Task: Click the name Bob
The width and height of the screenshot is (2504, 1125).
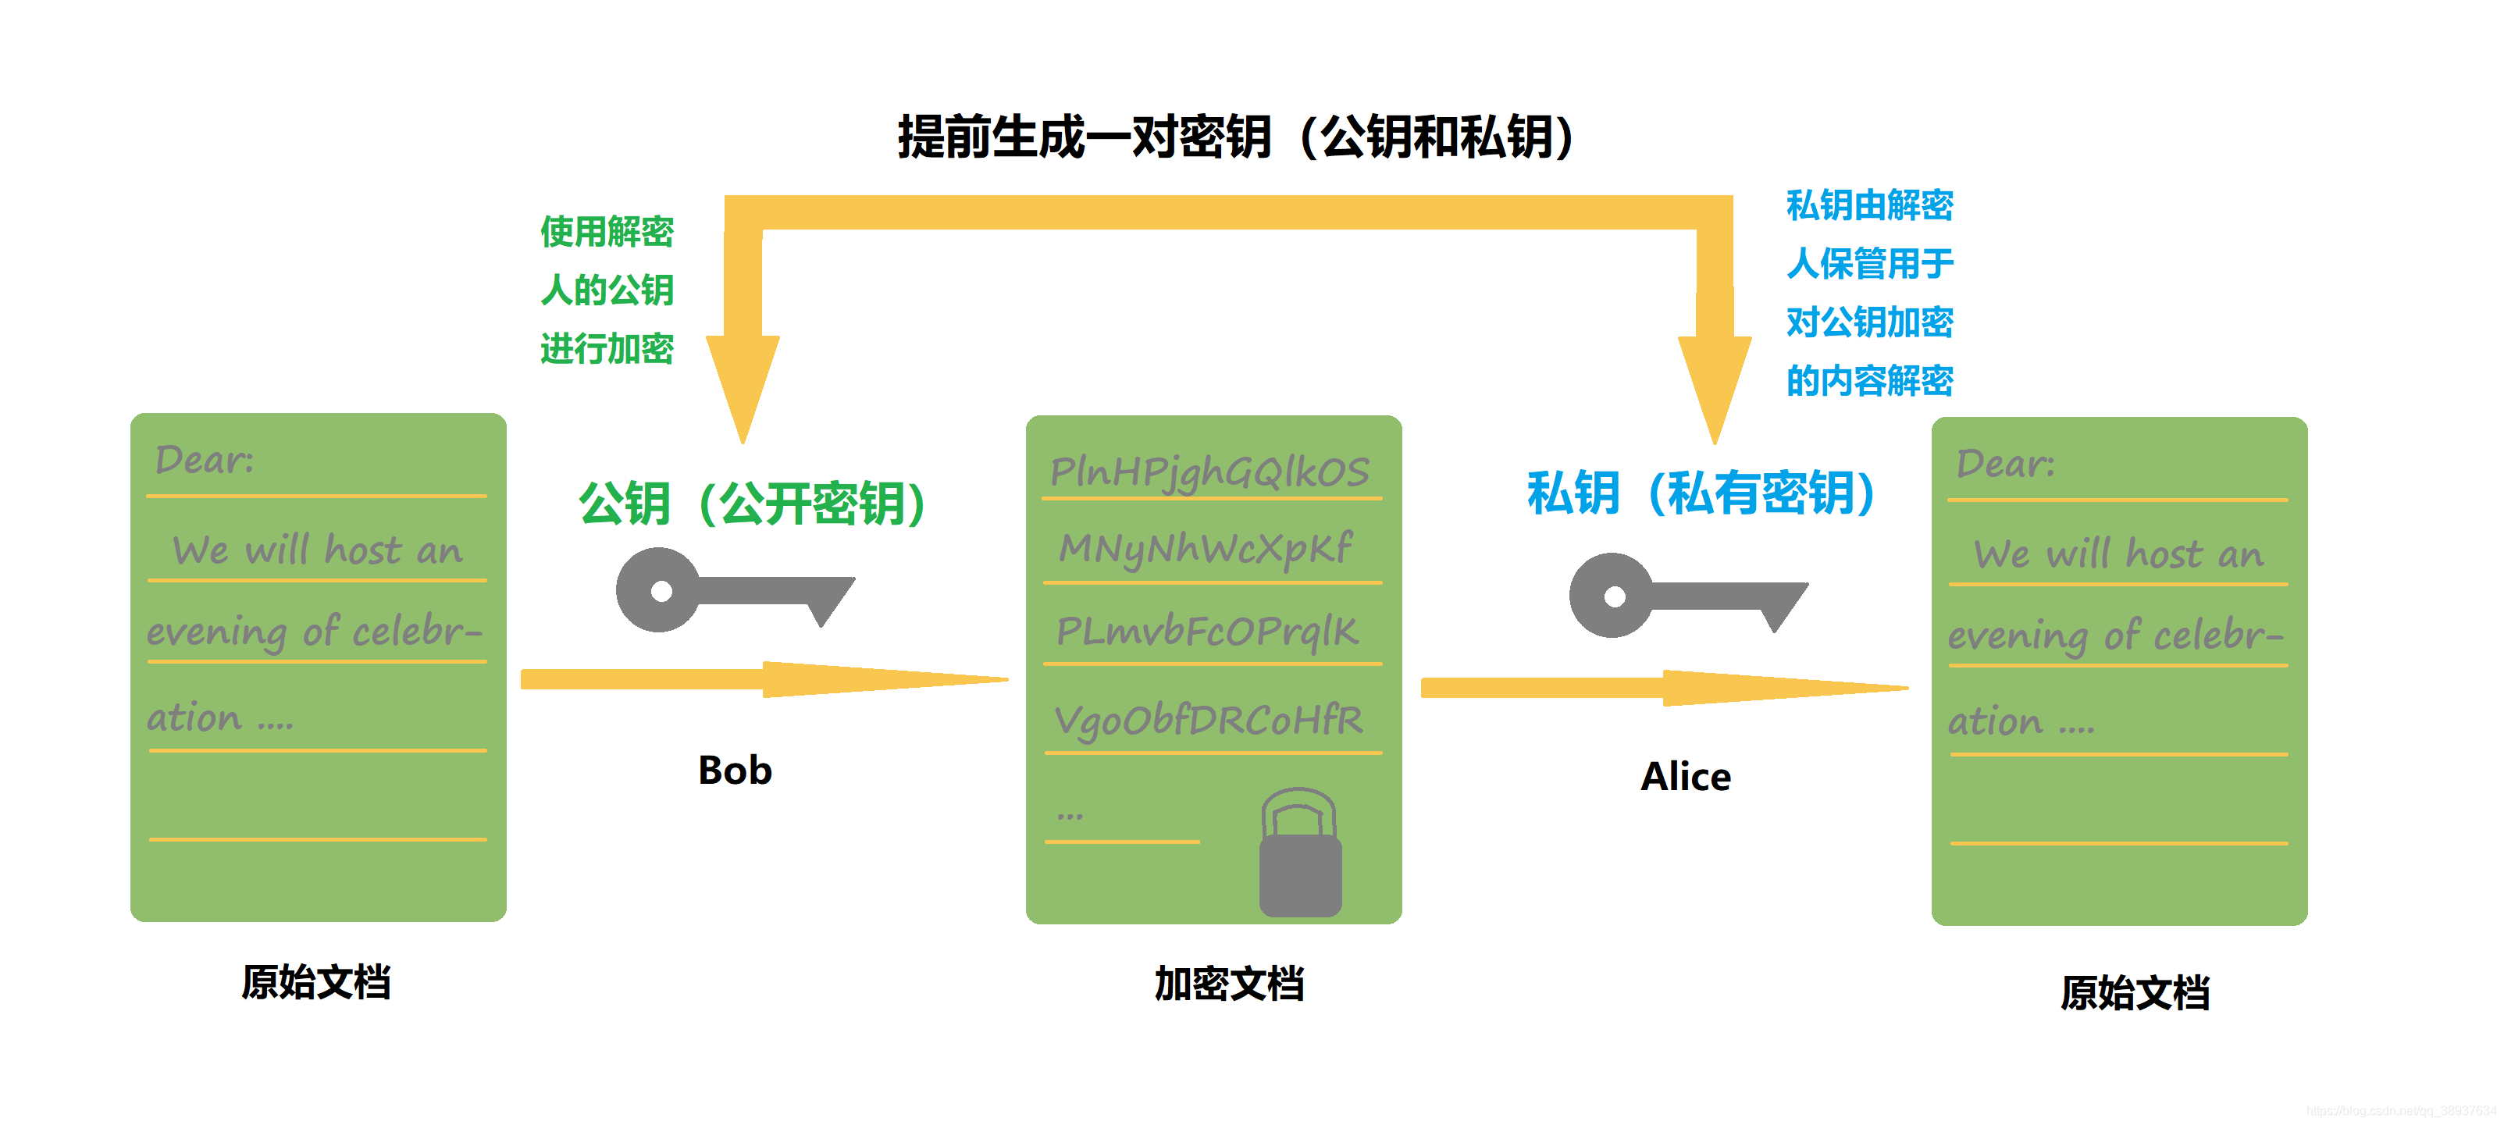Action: (735, 770)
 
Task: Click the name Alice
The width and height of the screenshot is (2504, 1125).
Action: (1686, 776)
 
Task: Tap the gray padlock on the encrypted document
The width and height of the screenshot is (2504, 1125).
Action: (1300, 856)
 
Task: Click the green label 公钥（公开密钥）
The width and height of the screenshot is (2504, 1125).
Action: (753, 503)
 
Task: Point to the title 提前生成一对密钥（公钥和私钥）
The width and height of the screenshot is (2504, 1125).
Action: (1234, 136)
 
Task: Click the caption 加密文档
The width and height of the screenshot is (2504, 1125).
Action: (1229, 983)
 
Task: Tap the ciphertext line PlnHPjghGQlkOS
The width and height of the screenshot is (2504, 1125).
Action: (1209, 472)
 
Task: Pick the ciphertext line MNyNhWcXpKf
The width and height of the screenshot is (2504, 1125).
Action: (1206, 548)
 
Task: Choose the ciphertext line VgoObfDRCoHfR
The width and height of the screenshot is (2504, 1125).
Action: (1208, 721)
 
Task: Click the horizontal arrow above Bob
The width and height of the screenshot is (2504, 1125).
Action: (763, 678)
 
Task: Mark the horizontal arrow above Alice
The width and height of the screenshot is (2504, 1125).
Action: (1662, 688)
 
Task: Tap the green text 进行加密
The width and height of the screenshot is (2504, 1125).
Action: (607, 348)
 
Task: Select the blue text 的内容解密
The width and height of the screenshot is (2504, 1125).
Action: (1869, 380)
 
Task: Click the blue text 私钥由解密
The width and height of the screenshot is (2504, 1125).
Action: (1869, 205)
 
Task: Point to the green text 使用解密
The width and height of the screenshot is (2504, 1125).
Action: (607, 231)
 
